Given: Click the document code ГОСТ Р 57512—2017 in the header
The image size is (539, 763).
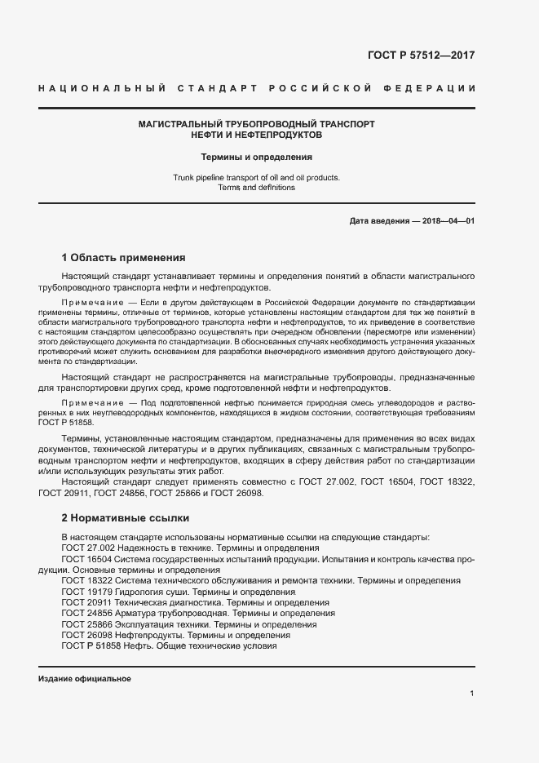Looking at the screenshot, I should point(422,56).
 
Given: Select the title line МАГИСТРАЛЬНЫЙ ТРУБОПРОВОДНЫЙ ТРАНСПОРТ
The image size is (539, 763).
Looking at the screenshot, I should point(257,123).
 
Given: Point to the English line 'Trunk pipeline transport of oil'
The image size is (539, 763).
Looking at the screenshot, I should point(257,177).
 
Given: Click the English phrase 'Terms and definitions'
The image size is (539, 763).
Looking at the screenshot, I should point(257,188).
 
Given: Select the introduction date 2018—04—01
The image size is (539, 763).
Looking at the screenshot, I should point(446,222).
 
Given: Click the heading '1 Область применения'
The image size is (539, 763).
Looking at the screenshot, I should point(124,257).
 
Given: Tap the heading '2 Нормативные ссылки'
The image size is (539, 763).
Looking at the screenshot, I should point(125,517).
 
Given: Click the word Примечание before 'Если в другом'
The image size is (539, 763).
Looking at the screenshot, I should point(89,303).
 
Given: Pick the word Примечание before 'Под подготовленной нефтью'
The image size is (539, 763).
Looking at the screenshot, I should point(89,404).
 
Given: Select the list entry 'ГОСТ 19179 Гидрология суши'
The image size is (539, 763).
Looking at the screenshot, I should point(179,592).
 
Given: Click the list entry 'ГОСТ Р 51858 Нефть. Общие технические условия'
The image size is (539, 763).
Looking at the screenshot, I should point(170,646).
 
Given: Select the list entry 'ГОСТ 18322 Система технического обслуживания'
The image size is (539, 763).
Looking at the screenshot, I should point(261,580).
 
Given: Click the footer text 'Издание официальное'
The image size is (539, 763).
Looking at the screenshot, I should point(85,679).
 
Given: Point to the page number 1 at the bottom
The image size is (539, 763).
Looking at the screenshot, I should point(472,694).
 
